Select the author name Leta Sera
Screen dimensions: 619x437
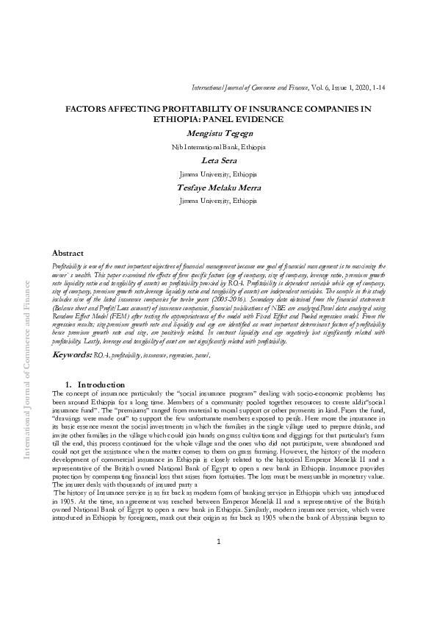pyautogui.click(x=218, y=161)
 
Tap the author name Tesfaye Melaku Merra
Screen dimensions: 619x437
pyautogui.click(x=218, y=187)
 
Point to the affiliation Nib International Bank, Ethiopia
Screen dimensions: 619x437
pyautogui.click(x=218, y=147)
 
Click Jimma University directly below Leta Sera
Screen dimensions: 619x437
pyautogui.click(x=218, y=174)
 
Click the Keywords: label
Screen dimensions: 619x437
pyautogui.click(x=71, y=355)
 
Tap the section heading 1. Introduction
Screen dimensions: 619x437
pyautogui.click(x=95, y=384)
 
